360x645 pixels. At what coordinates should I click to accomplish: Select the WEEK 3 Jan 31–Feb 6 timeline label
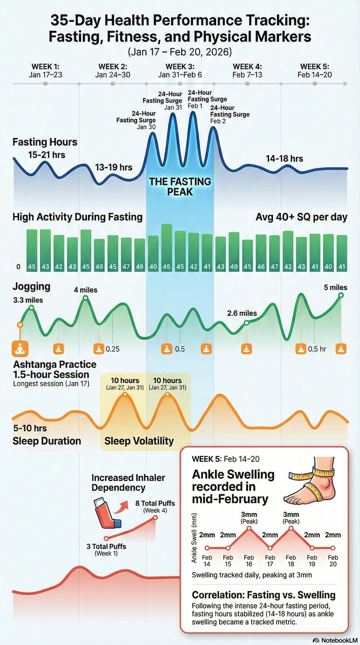click(x=180, y=70)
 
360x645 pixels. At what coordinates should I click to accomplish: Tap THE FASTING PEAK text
click(x=180, y=186)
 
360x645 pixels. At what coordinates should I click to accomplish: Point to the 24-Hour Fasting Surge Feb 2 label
click(x=229, y=114)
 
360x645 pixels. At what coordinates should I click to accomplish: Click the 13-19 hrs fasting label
click(x=113, y=167)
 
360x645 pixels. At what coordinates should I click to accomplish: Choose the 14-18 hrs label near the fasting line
click(x=284, y=158)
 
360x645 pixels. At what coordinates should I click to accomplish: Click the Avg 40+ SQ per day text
click(x=301, y=217)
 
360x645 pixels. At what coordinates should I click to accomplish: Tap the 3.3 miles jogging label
click(x=28, y=300)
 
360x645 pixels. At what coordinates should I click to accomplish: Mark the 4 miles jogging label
click(x=85, y=289)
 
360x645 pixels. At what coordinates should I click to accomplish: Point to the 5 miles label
click(x=335, y=287)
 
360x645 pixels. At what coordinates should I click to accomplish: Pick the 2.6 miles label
click(x=241, y=313)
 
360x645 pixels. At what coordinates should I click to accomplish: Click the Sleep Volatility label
click(x=139, y=441)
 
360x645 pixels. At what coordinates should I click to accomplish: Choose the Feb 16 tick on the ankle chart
click(x=248, y=560)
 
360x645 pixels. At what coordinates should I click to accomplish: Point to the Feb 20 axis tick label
click(x=332, y=560)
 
